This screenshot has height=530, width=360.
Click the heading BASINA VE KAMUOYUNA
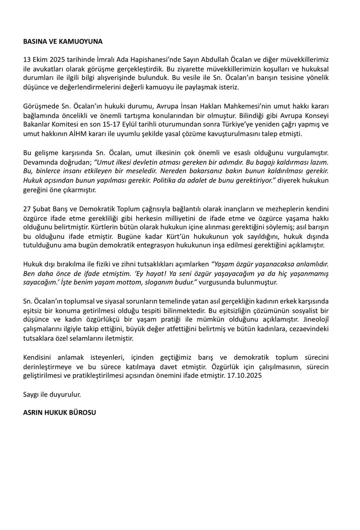point(63,42)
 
